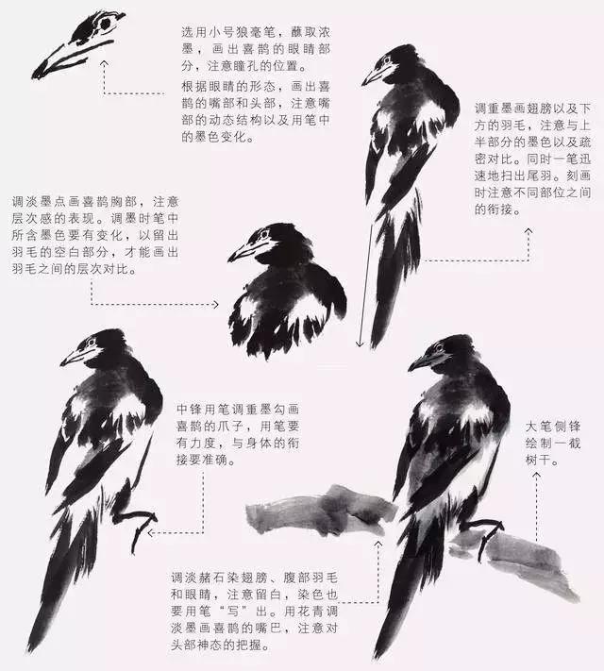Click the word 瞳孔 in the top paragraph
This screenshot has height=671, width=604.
pos(276,66)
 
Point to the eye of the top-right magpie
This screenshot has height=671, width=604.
pos(385,61)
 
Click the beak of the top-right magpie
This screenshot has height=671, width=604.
pos(371,77)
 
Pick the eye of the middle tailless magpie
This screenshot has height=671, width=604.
pos(263,233)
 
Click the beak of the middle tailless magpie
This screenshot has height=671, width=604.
pos(241,253)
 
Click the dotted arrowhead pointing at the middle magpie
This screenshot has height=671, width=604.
pos(216,305)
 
